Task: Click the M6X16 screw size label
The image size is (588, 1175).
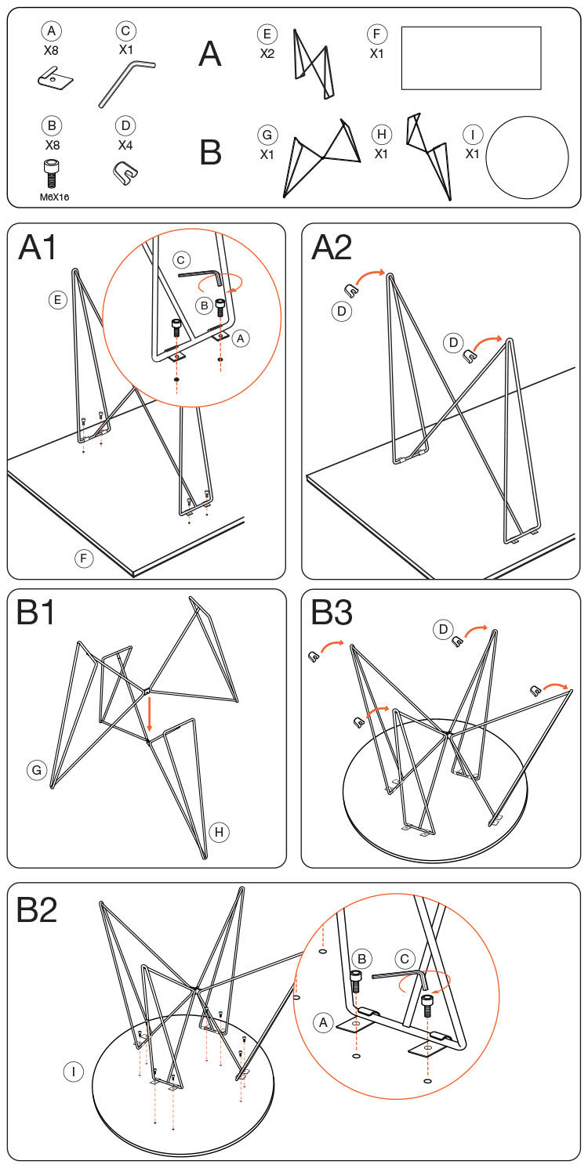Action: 55,197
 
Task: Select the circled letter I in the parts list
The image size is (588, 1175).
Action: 473,135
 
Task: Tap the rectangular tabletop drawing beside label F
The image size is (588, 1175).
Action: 471,58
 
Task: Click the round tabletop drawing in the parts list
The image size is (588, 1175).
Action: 527,158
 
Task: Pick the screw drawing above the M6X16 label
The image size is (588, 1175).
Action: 52,174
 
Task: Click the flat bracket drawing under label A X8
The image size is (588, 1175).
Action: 55,78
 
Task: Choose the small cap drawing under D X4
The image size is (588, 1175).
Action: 125,172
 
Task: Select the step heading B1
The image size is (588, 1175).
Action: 36,612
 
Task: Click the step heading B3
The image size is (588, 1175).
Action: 332,612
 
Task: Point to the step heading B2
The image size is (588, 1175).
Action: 37,909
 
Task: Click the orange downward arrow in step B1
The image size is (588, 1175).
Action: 150,714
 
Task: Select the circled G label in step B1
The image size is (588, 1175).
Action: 37,770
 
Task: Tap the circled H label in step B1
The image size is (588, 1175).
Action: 219,832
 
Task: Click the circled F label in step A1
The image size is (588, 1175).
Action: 83,558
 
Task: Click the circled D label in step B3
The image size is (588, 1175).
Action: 443,629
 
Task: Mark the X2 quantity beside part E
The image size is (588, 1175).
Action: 267,53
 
